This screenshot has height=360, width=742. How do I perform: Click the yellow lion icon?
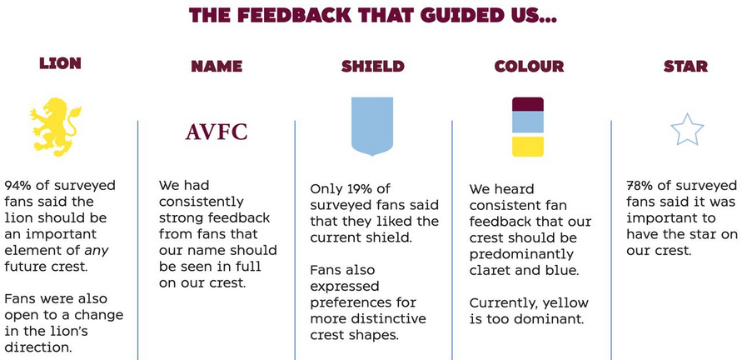click(x=54, y=127)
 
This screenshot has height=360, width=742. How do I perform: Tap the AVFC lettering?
click(x=217, y=132)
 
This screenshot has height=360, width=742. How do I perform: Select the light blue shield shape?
click(x=372, y=127)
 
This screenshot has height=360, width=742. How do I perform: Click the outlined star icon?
click(x=687, y=130)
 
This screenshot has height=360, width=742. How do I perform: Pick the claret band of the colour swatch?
click(x=528, y=104)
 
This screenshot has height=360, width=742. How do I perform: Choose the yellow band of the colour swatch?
click(x=528, y=147)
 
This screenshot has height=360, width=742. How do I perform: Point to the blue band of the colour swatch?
click(x=528, y=122)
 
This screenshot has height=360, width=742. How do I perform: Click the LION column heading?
click(x=60, y=63)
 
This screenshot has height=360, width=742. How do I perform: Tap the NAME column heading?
click(x=217, y=67)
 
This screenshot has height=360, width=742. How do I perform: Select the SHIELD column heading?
click(x=373, y=67)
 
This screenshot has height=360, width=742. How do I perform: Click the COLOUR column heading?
click(x=529, y=67)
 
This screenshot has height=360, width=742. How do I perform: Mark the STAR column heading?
click(x=685, y=67)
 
